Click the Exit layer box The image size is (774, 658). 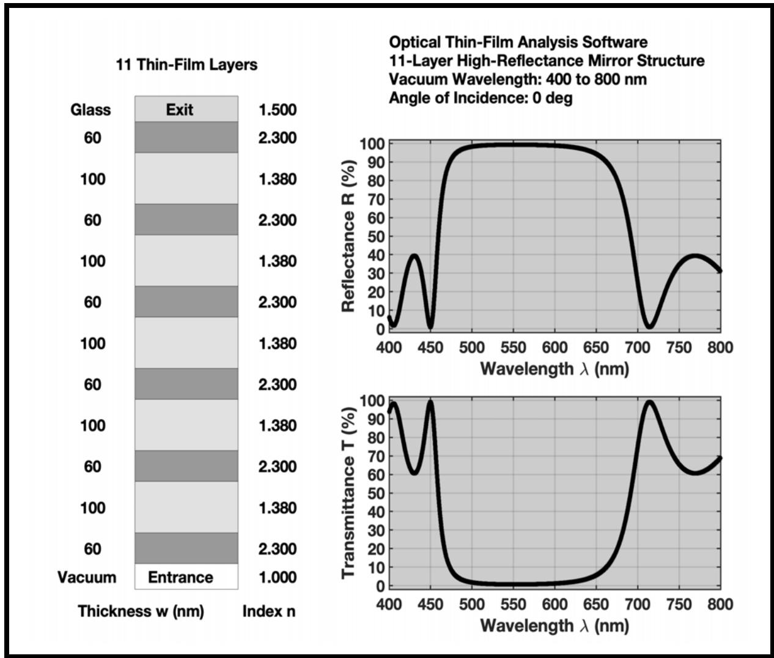(x=186, y=109)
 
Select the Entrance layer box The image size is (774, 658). (x=186, y=577)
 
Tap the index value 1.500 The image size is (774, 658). (x=277, y=110)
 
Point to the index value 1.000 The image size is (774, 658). (x=277, y=577)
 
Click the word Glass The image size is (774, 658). (x=90, y=110)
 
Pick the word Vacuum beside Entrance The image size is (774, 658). (x=86, y=577)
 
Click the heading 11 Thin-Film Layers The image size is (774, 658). (x=186, y=64)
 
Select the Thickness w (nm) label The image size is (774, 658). (x=141, y=611)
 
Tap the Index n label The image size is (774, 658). (x=268, y=611)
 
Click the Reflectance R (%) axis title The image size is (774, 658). (x=349, y=236)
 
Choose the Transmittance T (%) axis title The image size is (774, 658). (x=349, y=492)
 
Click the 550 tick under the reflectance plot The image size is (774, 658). (x=513, y=348)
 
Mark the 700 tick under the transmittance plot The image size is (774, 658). (x=638, y=604)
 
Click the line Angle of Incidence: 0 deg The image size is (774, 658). (x=481, y=98)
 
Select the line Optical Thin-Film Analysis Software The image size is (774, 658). (x=518, y=42)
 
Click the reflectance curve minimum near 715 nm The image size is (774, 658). (x=650, y=326)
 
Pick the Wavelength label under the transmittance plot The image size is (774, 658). (x=554, y=625)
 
